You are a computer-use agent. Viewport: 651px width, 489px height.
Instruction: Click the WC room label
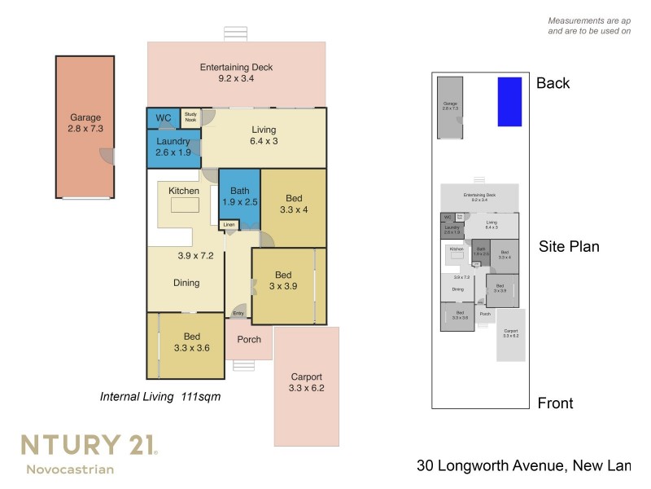[x=164, y=118]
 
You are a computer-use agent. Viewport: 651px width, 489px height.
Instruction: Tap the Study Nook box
[x=190, y=117]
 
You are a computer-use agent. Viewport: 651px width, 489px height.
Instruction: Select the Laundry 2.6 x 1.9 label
[x=173, y=147]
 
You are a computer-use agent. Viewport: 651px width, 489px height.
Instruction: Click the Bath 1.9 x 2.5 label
[x=239, y=196]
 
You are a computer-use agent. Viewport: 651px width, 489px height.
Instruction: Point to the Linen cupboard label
[x=229, y=224]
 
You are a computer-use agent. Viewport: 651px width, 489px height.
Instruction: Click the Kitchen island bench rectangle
[x=184, y=205]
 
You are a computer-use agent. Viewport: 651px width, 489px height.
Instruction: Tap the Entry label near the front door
[x=238, y=313]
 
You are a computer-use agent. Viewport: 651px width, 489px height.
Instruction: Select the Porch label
[x=249, y=339]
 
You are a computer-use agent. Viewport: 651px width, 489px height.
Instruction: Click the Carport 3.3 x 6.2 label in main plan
[x=306, y=383]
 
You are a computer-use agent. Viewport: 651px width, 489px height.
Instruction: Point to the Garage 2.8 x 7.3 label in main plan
[x=85, y=123]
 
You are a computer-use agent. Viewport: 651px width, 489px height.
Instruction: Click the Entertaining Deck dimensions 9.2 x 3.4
[x=236, y=79]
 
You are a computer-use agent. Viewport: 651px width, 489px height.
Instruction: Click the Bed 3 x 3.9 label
[x=283, y=280]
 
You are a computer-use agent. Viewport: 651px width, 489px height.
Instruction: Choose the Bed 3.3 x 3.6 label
[x=191, y=342]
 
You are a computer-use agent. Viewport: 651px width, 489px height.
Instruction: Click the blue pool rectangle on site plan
[x=509, y=102]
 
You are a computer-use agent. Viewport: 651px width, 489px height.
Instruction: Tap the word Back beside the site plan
[x=553, y=83]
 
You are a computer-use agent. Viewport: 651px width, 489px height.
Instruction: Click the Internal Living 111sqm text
[x=160, y=397]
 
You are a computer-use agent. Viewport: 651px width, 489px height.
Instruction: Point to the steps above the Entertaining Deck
[x=236, y=33]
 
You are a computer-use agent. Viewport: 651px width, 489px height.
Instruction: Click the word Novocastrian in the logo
[x=70, y=469]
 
